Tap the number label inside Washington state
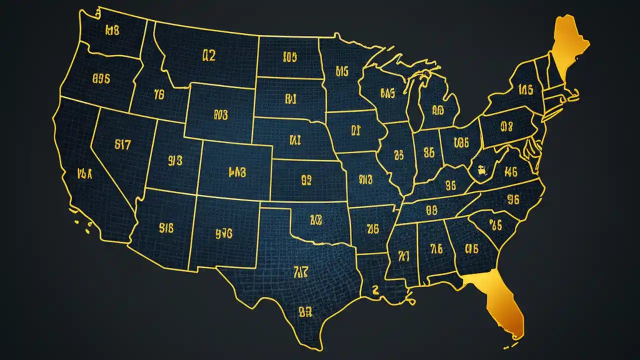click(112, 30)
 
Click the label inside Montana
click(208, 55)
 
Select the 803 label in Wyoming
click(220, 115)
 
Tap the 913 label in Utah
click(175, 160)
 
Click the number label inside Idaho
click(159, 93)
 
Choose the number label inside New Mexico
click(224, 232)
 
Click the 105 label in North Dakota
click(290, 57)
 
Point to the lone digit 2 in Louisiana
click(375, 289)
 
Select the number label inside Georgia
click(472, 248)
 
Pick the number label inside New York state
click(525, 90)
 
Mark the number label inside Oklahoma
click(316, 219)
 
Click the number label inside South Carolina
click(495, 225)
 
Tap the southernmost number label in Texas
click(305, 312)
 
